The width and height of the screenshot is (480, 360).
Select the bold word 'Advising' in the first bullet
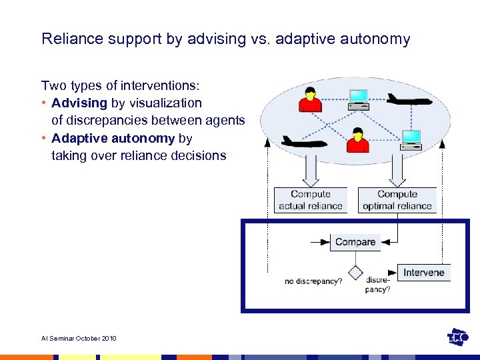click(79, 103)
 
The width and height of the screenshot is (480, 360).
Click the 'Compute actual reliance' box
click(310, 200)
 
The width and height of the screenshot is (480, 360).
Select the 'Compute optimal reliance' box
click(397, 200)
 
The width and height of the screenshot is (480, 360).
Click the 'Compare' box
click(355, 242)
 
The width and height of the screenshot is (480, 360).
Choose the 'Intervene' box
click(423, 272)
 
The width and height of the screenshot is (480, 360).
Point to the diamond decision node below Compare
click(355, 272)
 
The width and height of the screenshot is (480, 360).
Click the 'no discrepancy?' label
click(313, 281)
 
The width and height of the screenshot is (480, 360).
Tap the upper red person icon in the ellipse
click(310, 99)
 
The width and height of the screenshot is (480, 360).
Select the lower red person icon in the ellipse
click(358, 141)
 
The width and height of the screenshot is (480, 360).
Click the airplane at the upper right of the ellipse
click(409, 99)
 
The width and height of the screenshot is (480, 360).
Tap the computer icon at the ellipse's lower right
click(411, 139)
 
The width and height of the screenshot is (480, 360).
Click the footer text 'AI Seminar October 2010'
click(79, 339)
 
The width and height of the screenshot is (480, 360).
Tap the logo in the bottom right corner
click(457, 337)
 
